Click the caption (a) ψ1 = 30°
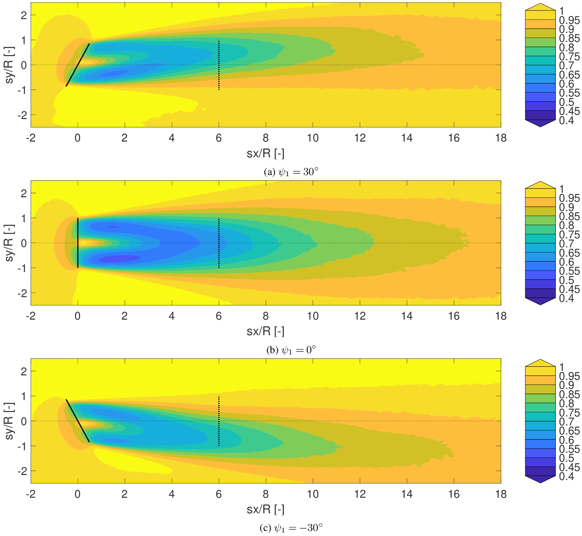[x=291, y=172]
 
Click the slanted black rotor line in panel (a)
[x=78, y=65]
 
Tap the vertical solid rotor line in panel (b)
[x=78, y=243]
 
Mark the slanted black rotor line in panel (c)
[x=78, y=421]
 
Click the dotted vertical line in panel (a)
[x=219, y=65]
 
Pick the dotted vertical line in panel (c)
[x=219, y=421]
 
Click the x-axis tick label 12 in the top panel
[x=360, y=138]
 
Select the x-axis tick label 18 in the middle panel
[x=501, y=316]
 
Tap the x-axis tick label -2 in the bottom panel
[x=31, y=494]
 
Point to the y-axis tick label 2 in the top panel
[x=24, y=15]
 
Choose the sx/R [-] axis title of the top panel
[x=265, y=154]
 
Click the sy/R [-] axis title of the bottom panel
[x=9, y=421]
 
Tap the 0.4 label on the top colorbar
[x=566, y=120]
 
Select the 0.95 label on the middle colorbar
[x=569, y=198]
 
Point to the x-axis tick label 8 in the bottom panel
[x=266, y=494]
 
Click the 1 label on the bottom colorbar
[x=562, y=367]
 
